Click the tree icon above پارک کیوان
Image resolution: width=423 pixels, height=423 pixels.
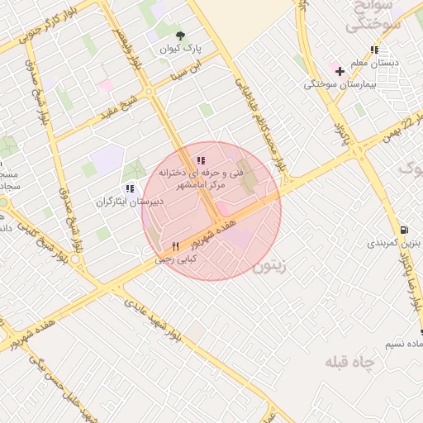(x=181, y=35)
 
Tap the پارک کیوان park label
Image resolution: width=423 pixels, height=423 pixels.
(x=181, y=50)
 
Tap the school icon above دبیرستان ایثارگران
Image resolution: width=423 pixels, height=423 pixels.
(x=131, y=189)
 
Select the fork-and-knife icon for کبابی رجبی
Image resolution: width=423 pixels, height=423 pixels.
(x=175, y=247)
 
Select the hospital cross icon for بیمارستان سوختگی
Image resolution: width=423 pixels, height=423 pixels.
(x=339, y=71)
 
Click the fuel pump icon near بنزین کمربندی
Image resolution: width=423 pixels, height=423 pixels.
(x=403, y=230)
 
